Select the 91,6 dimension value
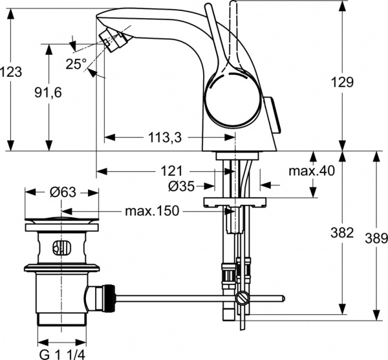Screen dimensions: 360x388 47,92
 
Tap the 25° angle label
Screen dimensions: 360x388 76,63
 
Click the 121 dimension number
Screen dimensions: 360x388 171,171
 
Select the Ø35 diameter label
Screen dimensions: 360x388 182,187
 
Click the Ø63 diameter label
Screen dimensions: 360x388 62,192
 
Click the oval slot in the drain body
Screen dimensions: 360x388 59,246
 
